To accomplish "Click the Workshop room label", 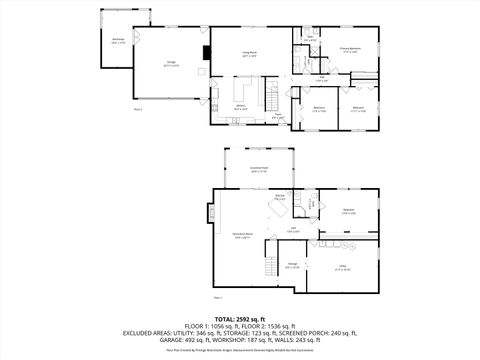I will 118,41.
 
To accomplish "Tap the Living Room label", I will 248,54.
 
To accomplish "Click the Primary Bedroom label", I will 349,48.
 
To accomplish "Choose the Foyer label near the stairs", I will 278,118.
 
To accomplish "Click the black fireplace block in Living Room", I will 206,54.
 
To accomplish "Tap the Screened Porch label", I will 258,169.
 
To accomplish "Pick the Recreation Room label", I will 242,236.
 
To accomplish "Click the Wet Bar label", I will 281,197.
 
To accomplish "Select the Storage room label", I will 293,263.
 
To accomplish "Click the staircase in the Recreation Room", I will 269,266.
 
